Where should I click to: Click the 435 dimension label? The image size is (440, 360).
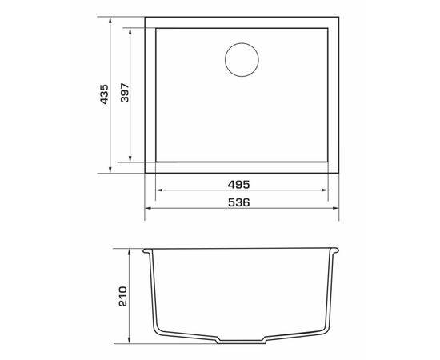click(104, 94)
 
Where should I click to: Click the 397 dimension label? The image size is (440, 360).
click(124, 93)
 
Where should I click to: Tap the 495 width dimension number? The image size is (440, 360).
click(238, 185)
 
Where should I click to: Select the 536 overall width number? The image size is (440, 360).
click(238, 202)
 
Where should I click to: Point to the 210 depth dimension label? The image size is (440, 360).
click(123, 296)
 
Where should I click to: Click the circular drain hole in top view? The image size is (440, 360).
click(242, 59)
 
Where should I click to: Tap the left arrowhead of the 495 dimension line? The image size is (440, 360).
click(159, 190)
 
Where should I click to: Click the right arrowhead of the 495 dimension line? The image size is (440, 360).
click(324, 190)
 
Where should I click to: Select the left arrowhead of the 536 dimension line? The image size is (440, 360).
click(148, 208)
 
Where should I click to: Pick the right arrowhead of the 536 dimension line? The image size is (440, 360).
click(335, 208)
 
